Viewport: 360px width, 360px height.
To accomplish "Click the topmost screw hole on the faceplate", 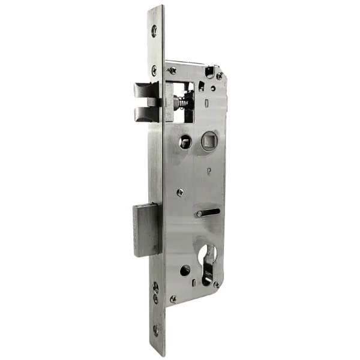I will (x=155, y=31).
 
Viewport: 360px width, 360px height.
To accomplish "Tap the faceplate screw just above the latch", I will (x=154, y=71).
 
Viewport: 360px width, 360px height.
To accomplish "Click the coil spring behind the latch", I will (x=180, y=103).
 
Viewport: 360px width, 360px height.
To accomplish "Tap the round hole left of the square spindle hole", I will (x=184, y=142).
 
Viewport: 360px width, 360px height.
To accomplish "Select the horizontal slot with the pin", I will (x=207, y=213).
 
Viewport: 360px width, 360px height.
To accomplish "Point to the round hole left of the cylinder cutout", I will (x=185, y=271).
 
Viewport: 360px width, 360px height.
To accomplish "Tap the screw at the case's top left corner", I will (x=172, y=71).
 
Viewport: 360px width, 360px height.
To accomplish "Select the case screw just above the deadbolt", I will (x=179, y=193).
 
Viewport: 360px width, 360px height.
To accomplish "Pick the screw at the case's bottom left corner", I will (x=173, y=298).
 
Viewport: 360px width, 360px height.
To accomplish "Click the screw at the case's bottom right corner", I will (x=216, y=284).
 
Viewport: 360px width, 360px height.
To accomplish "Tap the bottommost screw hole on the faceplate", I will (x=156, y=329).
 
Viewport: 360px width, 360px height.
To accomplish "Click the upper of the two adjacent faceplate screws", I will (x=155, y=286).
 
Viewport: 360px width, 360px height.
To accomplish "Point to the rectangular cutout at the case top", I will (x=209, y=73).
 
